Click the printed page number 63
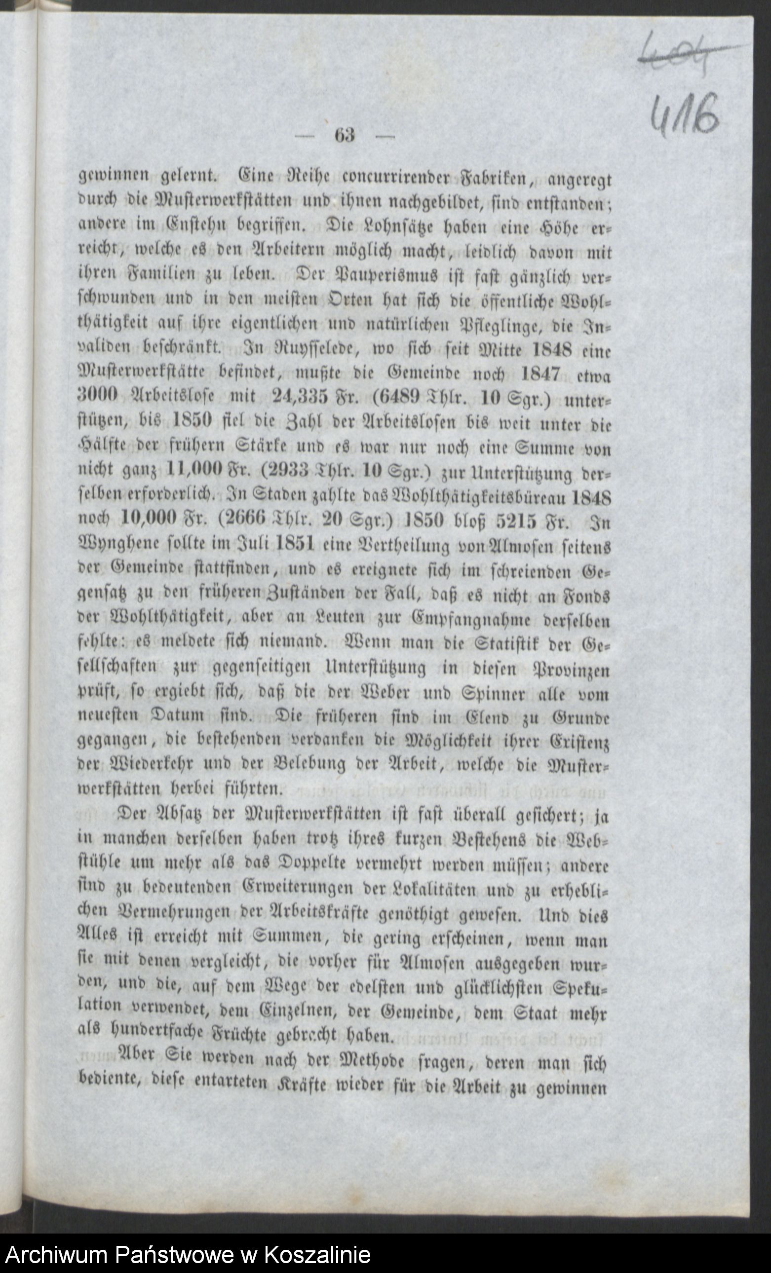click(x=345, y=135)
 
